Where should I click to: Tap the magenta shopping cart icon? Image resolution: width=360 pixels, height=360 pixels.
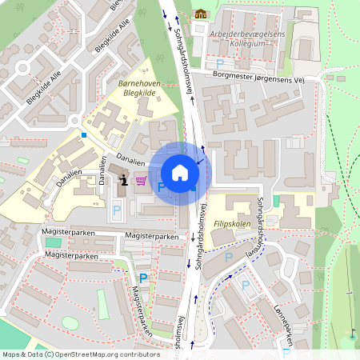142,181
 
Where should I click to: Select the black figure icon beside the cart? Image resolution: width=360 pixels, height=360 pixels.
124,181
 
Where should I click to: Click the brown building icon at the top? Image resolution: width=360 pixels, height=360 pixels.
199,14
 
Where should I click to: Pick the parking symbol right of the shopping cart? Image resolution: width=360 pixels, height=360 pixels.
161,186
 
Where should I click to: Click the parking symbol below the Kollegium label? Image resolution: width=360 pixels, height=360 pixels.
220,63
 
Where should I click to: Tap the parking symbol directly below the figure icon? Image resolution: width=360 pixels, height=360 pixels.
117,210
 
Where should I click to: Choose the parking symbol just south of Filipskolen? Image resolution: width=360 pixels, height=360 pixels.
229,257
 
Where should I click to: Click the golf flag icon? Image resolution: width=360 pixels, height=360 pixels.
352,331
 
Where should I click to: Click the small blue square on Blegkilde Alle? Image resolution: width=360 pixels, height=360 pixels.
82,135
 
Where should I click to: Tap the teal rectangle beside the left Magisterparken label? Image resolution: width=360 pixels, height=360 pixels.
53,242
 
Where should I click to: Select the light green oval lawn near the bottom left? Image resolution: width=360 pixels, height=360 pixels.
70,322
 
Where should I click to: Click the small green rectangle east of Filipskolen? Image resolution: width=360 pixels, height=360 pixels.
277,200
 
